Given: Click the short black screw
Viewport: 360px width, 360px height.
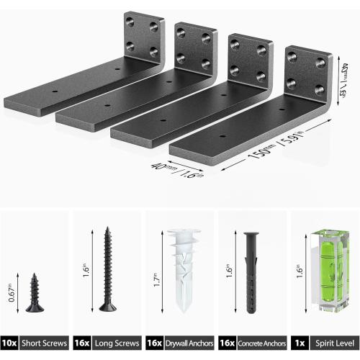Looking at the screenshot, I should click(x=35, y=292).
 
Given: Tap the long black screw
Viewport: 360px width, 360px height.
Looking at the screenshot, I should click(x=107, y=269).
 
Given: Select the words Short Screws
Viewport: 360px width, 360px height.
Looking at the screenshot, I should click(x=45, y=343).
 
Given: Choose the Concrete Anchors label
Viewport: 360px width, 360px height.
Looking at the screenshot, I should click(x=260, y=343).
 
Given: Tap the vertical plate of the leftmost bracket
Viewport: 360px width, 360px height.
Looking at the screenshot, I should click(x=144, y=36).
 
